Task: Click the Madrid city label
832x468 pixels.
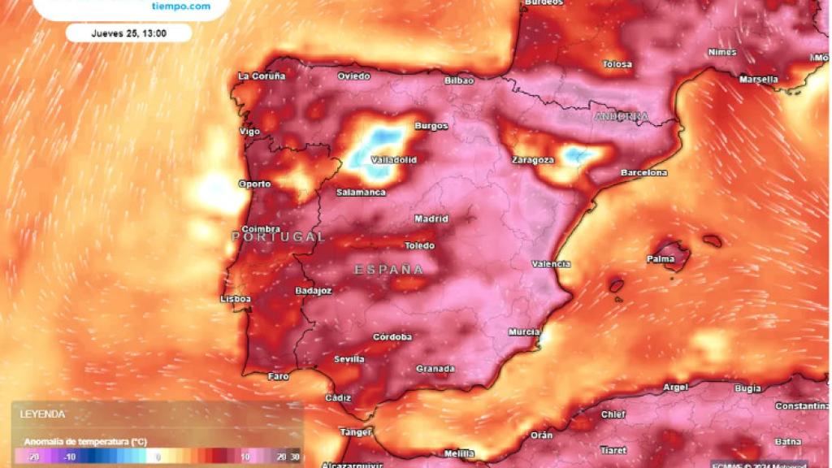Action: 431,219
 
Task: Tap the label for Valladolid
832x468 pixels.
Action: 393,160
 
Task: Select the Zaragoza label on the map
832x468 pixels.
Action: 533,160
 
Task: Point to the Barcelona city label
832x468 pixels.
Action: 644,173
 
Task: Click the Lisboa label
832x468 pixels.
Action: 236,299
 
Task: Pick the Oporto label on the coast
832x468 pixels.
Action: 254,184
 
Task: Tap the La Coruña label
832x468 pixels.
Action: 262,76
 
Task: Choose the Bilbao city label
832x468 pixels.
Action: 459,80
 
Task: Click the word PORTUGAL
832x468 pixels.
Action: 279,237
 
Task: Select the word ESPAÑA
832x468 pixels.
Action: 389,269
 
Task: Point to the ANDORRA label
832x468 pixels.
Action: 622,117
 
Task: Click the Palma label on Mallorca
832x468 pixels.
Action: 661,259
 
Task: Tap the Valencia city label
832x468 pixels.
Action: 551,264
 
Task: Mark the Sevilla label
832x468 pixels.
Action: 349,359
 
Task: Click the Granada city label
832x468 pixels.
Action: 435,369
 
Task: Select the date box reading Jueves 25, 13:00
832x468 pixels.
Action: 128,33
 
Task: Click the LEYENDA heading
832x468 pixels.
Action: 43,414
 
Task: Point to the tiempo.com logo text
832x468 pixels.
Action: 181,6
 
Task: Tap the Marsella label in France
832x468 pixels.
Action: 758,80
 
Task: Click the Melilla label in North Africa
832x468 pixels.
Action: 459,453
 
